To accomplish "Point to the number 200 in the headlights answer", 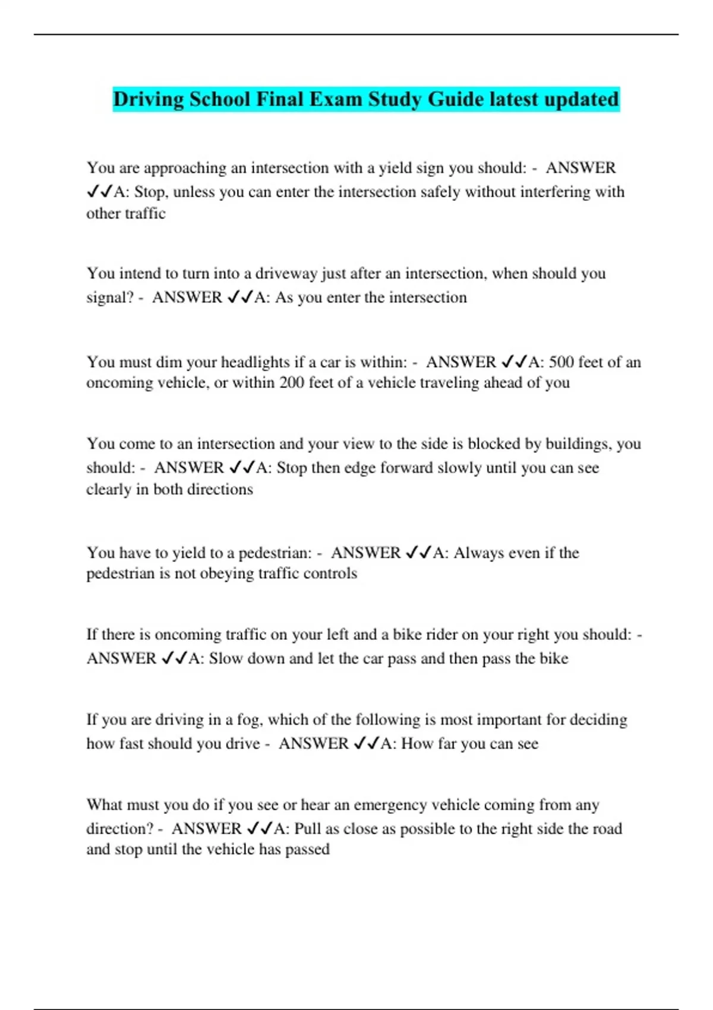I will [x=292, y=383].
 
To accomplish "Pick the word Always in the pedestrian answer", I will [x=478, y=553].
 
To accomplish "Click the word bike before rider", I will [x=407, y=635].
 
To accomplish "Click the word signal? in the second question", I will [x=111, y=297].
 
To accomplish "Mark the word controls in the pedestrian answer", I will [x=330, y=573].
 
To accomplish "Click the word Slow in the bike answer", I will [x=226, y=658].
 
